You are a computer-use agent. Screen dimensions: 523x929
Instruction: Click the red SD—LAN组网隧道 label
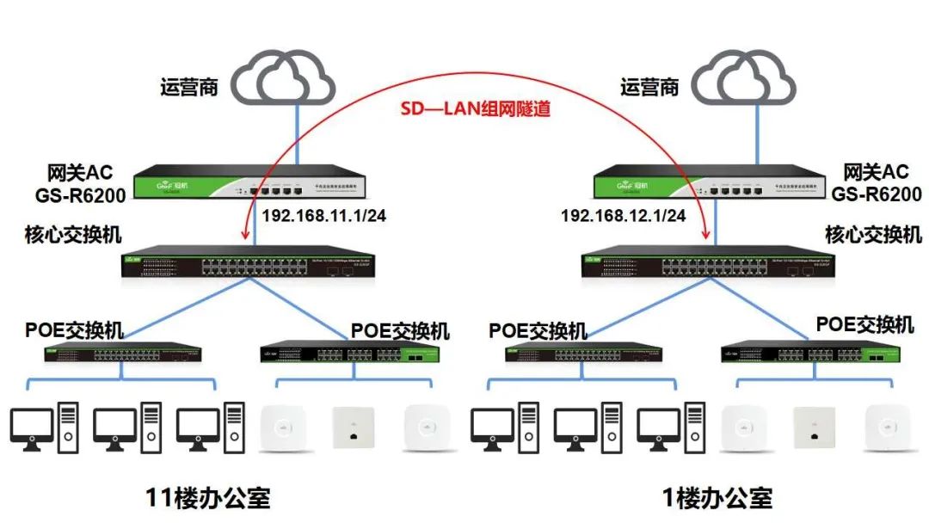(476, 109)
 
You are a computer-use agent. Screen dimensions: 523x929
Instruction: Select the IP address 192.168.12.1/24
(623, 216)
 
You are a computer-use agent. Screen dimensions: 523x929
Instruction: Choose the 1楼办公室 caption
(717, 497)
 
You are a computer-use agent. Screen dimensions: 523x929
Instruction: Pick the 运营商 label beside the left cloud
(190, 87)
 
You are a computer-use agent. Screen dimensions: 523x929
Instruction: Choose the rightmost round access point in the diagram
(886, 425)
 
